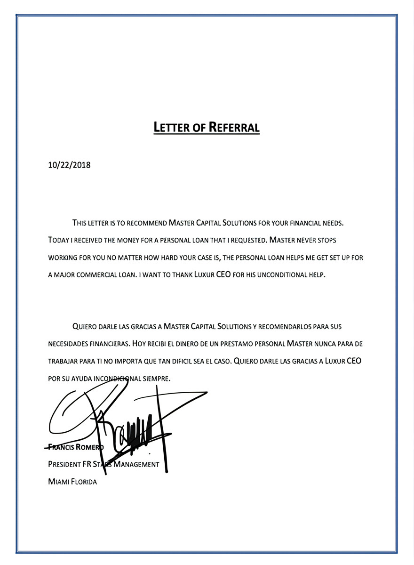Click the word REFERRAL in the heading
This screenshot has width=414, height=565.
point(234,127)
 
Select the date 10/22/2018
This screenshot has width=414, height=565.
point(69,165)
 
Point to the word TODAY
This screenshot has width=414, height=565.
point(58,240)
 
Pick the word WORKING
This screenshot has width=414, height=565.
point(64,258)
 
